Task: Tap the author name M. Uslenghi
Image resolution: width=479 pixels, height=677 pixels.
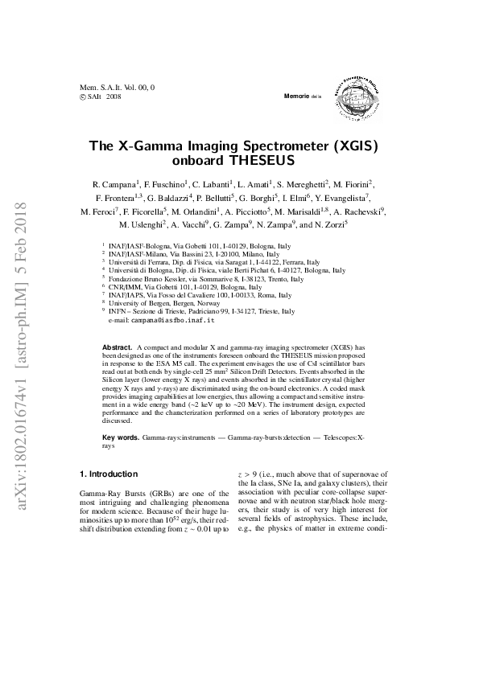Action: coord(142,225)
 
